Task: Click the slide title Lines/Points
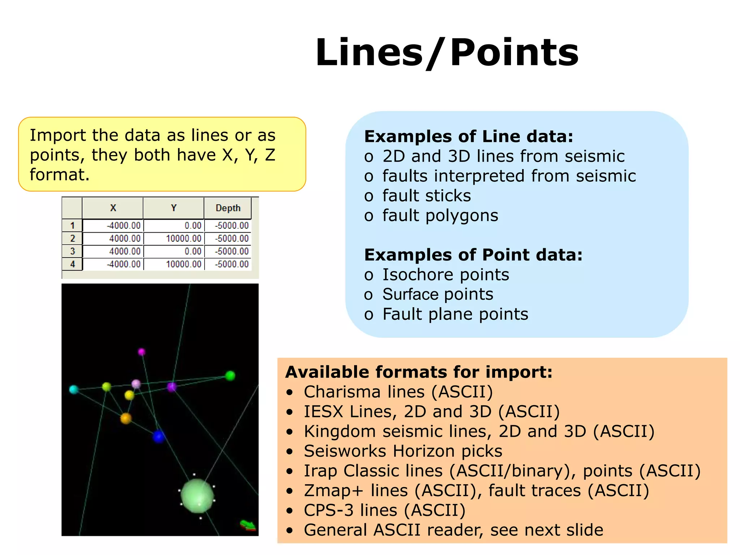pos(447,53)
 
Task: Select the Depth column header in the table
pos(228,208)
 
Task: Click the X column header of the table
pos(113,208)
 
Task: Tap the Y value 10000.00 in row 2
pos(183,238)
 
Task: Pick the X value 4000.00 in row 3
pos(125,251)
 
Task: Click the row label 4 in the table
pos(72,264)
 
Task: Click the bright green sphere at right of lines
pos(230,376)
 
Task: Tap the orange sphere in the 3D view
pos(126,418)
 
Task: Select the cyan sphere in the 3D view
pos(74,390)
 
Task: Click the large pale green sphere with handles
pos(197,496)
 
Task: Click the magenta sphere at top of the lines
pos(142,352)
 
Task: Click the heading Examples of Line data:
pos(469,137)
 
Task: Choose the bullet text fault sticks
pos(426,196)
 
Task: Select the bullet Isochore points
pos(446,275)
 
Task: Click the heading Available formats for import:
pos(419,372)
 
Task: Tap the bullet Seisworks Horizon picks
pos(403,451)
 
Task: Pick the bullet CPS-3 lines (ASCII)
pos(384,510)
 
